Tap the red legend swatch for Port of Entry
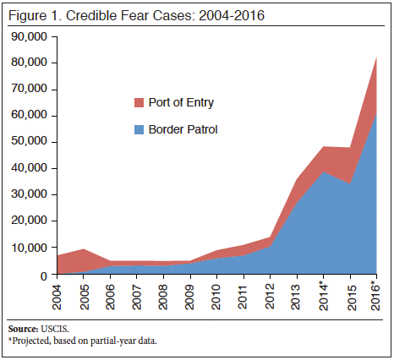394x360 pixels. (140, 103)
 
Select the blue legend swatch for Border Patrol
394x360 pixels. (140, 130)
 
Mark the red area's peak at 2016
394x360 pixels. (375, 57)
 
